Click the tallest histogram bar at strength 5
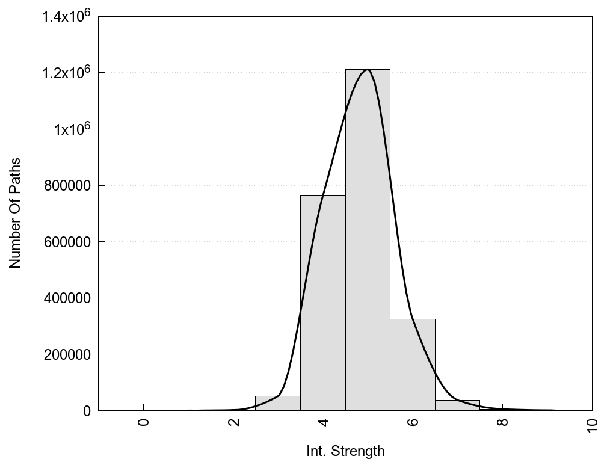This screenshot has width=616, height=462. pyautogui.click(x=368, y=241)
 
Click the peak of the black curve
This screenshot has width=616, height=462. pyautogui.click(x=367, y=70)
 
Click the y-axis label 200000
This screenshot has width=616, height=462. pyautogui.click(x=67, y=354)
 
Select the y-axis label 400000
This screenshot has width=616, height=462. pyautogui.click(x=67, y=298)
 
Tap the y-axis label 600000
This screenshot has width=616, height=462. pyautogui.click(x=67, y=242)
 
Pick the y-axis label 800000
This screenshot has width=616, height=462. pyautogui.click(x=67, y=185)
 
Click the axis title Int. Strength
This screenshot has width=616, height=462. pyautogui.click(x=345, y=451)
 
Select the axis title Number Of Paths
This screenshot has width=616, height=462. pyautogui.click(x=15, y=213)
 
